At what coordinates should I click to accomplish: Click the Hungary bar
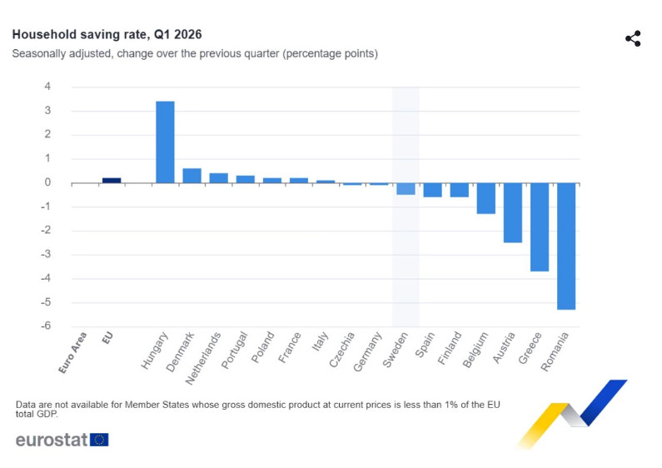(x=165, y=142)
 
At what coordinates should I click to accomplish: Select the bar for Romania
(x=566, y=246)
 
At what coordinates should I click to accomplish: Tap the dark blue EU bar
(x=112, y=181)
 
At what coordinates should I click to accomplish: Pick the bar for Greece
(x=540, y=227)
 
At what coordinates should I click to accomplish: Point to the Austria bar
(x=513, y=213)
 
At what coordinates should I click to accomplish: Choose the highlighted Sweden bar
(x=406, y=189)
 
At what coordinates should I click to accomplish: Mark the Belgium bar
(x=486, y=198)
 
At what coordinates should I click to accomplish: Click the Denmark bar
(x=192, y=176)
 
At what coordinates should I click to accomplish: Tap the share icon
(x=633, y=38)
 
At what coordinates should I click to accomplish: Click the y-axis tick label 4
(x=47, y=87)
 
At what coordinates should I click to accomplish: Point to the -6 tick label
(x=46, y=326)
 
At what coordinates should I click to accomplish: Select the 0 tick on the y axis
(x=47, y=182)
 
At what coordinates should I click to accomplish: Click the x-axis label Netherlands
(x=203, y=358)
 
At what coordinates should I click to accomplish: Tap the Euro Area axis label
(x=72, y=353)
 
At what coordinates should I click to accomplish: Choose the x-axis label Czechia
(x=342, y=350)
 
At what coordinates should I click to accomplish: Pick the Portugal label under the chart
(x=234, y=350)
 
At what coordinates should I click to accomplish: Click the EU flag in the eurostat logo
(x=99, y=440)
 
